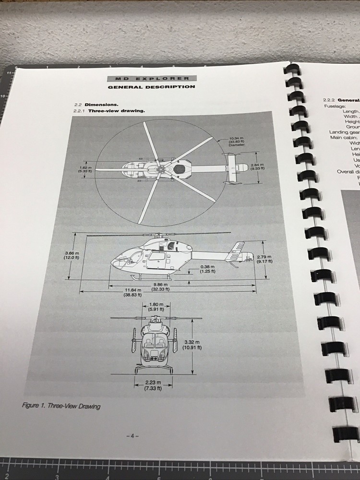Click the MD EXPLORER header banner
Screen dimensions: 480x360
(152, 78)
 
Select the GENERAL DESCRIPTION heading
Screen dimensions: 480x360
(152, 87)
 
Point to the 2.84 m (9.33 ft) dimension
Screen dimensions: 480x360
(257, 167)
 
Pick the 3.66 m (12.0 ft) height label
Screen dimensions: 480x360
(71, 255)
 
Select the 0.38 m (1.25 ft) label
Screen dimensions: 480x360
(207, 269)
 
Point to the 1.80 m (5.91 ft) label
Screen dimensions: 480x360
(156, 307)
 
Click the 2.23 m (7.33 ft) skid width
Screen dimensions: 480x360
(153, 385)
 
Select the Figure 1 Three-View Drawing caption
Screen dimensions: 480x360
(61, 406)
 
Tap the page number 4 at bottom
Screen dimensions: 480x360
(132, 436)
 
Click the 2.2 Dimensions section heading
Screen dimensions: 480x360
(96, 105)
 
